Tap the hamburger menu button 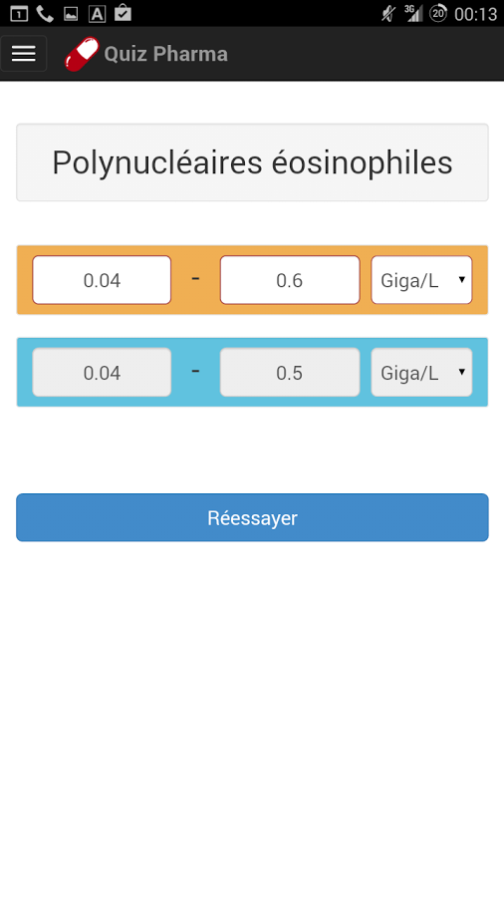click(24, 54)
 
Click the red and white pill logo click(82, 55)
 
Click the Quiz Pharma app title click(165, 54)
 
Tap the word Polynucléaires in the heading click(157, 163)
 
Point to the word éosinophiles click(362, 162)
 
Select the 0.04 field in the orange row click(102, 280)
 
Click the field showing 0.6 click(290, 280)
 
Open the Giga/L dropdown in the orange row click(421, 280)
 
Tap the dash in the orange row click(195, 279)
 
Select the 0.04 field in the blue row click(102, 373)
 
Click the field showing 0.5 click(290, 373)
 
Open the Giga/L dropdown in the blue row click(421, 373)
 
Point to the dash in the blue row click(195, 372)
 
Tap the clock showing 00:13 click(475, 14)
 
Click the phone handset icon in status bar click(45, 13)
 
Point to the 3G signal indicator click(413, 13)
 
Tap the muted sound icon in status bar click(388, 13)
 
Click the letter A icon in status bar click(97, 13)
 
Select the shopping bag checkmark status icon click(123, 13)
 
